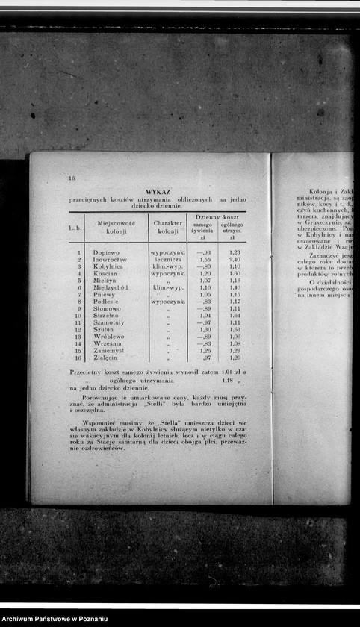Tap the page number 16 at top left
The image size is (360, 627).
coord(72,178)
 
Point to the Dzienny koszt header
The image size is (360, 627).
coord(216,216)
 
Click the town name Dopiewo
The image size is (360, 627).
coord(107,252)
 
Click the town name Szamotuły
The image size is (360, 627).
coord(111,322)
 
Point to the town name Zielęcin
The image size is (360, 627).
coord(108,358)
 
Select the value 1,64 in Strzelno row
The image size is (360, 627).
coord(235,316)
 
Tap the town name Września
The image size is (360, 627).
coord(108,343)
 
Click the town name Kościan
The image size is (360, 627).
coord(108,273)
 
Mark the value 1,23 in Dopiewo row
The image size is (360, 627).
coord(235,252)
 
